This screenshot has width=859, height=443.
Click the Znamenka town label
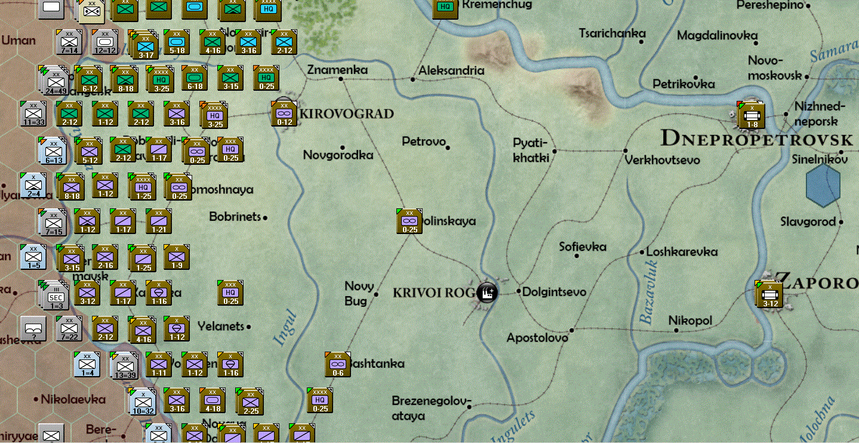[337, 70]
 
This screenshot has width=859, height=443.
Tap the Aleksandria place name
[451, 70]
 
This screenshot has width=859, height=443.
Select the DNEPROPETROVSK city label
[757, 139]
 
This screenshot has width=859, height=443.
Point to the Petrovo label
[424, 141]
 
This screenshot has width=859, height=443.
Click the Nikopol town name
[690, 321]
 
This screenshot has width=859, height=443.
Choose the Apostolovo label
[537, 338]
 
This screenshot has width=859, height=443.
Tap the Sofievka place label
[583, 247]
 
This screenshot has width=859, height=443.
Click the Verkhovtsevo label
[662, 160]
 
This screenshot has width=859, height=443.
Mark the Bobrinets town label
[235, 216]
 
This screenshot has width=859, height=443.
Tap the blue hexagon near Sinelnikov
[823, 186]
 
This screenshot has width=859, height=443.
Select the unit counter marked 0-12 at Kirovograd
[284, 113]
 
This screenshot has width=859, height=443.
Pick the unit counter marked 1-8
[751, 115]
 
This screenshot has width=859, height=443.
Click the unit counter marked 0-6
[338, 364]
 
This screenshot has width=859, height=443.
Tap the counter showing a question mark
[33, 328]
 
